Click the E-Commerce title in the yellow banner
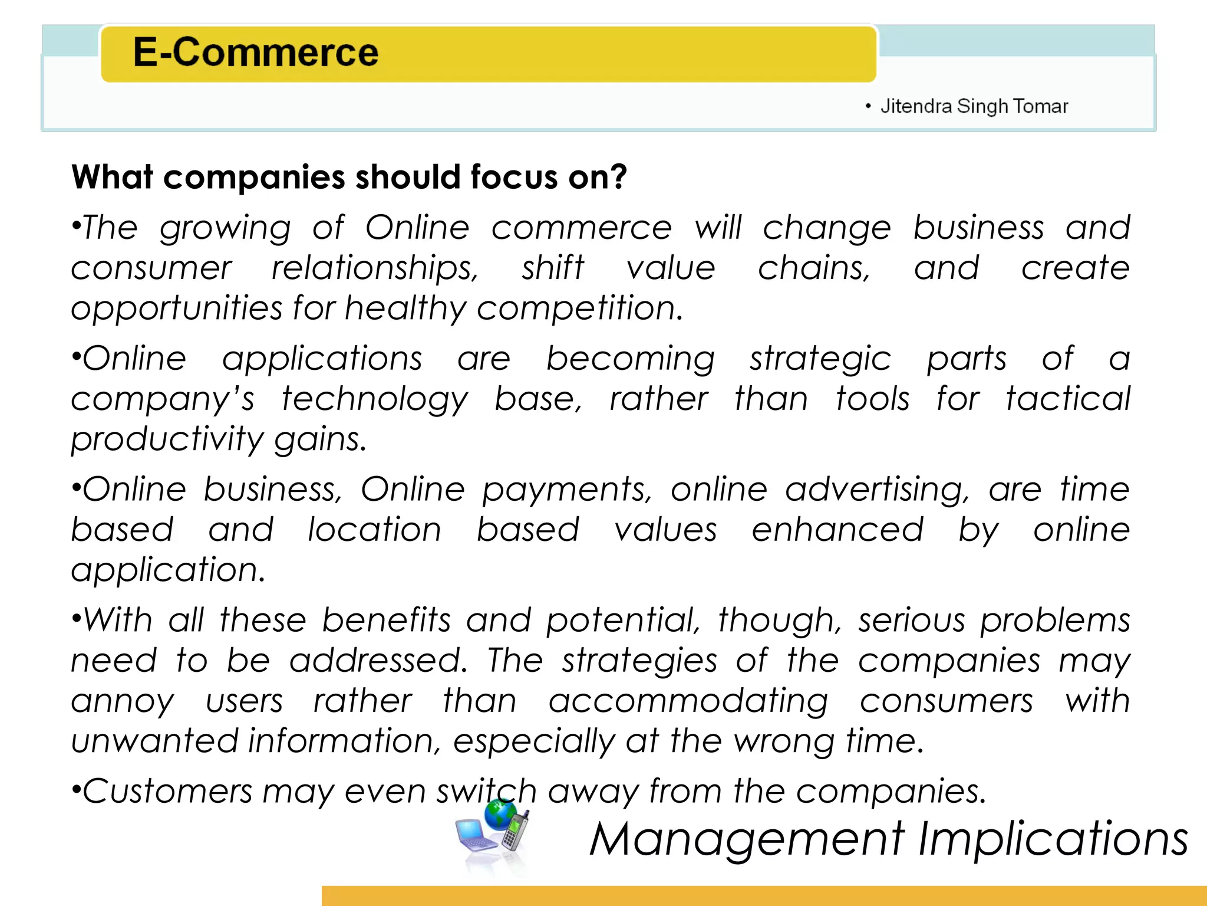(x=255, y=52)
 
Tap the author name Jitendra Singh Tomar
(x=974, y=106)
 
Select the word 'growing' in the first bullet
(x=225, y=229)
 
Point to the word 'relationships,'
(x=375, y=269)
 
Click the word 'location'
(x=375, y=530)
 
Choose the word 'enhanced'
(x=837, y=530)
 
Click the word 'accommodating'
(x=688, y=702)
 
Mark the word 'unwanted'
(x=154, y=741)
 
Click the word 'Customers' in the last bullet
(x=167, y=792)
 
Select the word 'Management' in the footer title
(x=747, y=840)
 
